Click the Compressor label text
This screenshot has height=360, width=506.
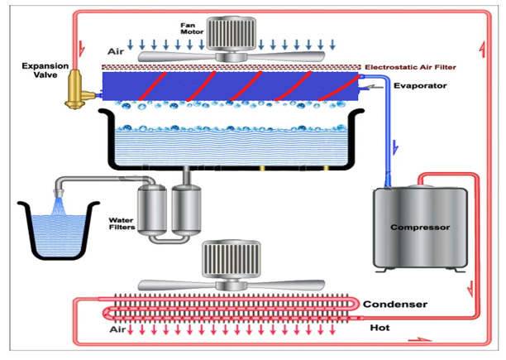420,228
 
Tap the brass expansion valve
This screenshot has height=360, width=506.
77,89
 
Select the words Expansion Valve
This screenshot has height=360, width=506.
45,70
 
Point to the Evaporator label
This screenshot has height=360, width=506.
420,86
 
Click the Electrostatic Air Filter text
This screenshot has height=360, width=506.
410,67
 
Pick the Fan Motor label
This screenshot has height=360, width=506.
192,28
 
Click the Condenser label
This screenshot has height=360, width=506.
395,305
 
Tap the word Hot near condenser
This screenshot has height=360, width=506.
379,328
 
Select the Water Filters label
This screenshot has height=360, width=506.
122,223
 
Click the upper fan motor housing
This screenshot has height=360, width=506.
231,34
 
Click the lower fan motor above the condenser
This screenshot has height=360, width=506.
231,259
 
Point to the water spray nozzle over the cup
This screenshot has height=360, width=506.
59,193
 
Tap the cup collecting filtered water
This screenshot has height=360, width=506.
59,231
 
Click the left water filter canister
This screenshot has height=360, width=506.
152,209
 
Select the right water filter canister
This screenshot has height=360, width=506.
186,209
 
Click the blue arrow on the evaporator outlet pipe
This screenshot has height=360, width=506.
395,148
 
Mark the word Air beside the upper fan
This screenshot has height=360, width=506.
116,51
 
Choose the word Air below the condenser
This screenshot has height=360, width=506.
117,329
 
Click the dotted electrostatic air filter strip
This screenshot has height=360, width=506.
231,67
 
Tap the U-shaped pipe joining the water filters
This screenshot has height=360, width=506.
169,240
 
